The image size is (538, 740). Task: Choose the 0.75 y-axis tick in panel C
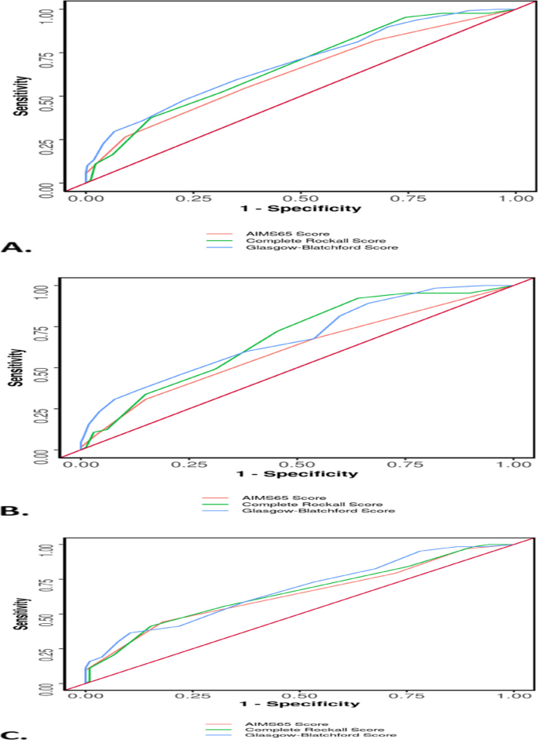pyautogui.click(x=49, y=580)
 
